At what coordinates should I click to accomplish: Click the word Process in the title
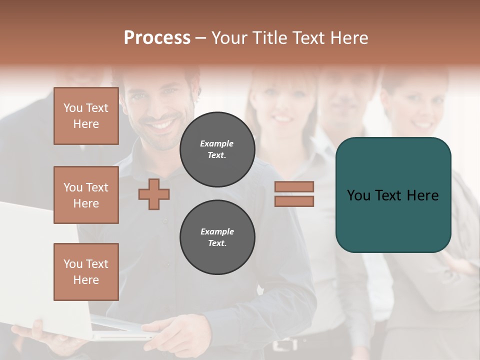[157, 38]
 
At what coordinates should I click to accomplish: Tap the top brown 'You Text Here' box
[86, 116]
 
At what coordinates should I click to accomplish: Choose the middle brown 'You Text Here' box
[86, 195]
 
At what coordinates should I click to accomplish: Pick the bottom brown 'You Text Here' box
[86, 272]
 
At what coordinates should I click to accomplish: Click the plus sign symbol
[154, 194]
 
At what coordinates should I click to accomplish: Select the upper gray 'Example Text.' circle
[217, 149]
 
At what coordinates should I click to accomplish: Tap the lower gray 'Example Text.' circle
[217, 237]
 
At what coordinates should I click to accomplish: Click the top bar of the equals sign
[294, 187]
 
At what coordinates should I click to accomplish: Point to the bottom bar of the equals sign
[294, 201]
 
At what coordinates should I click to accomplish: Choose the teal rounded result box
[393, 195]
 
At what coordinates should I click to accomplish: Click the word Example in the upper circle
[217, 143]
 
